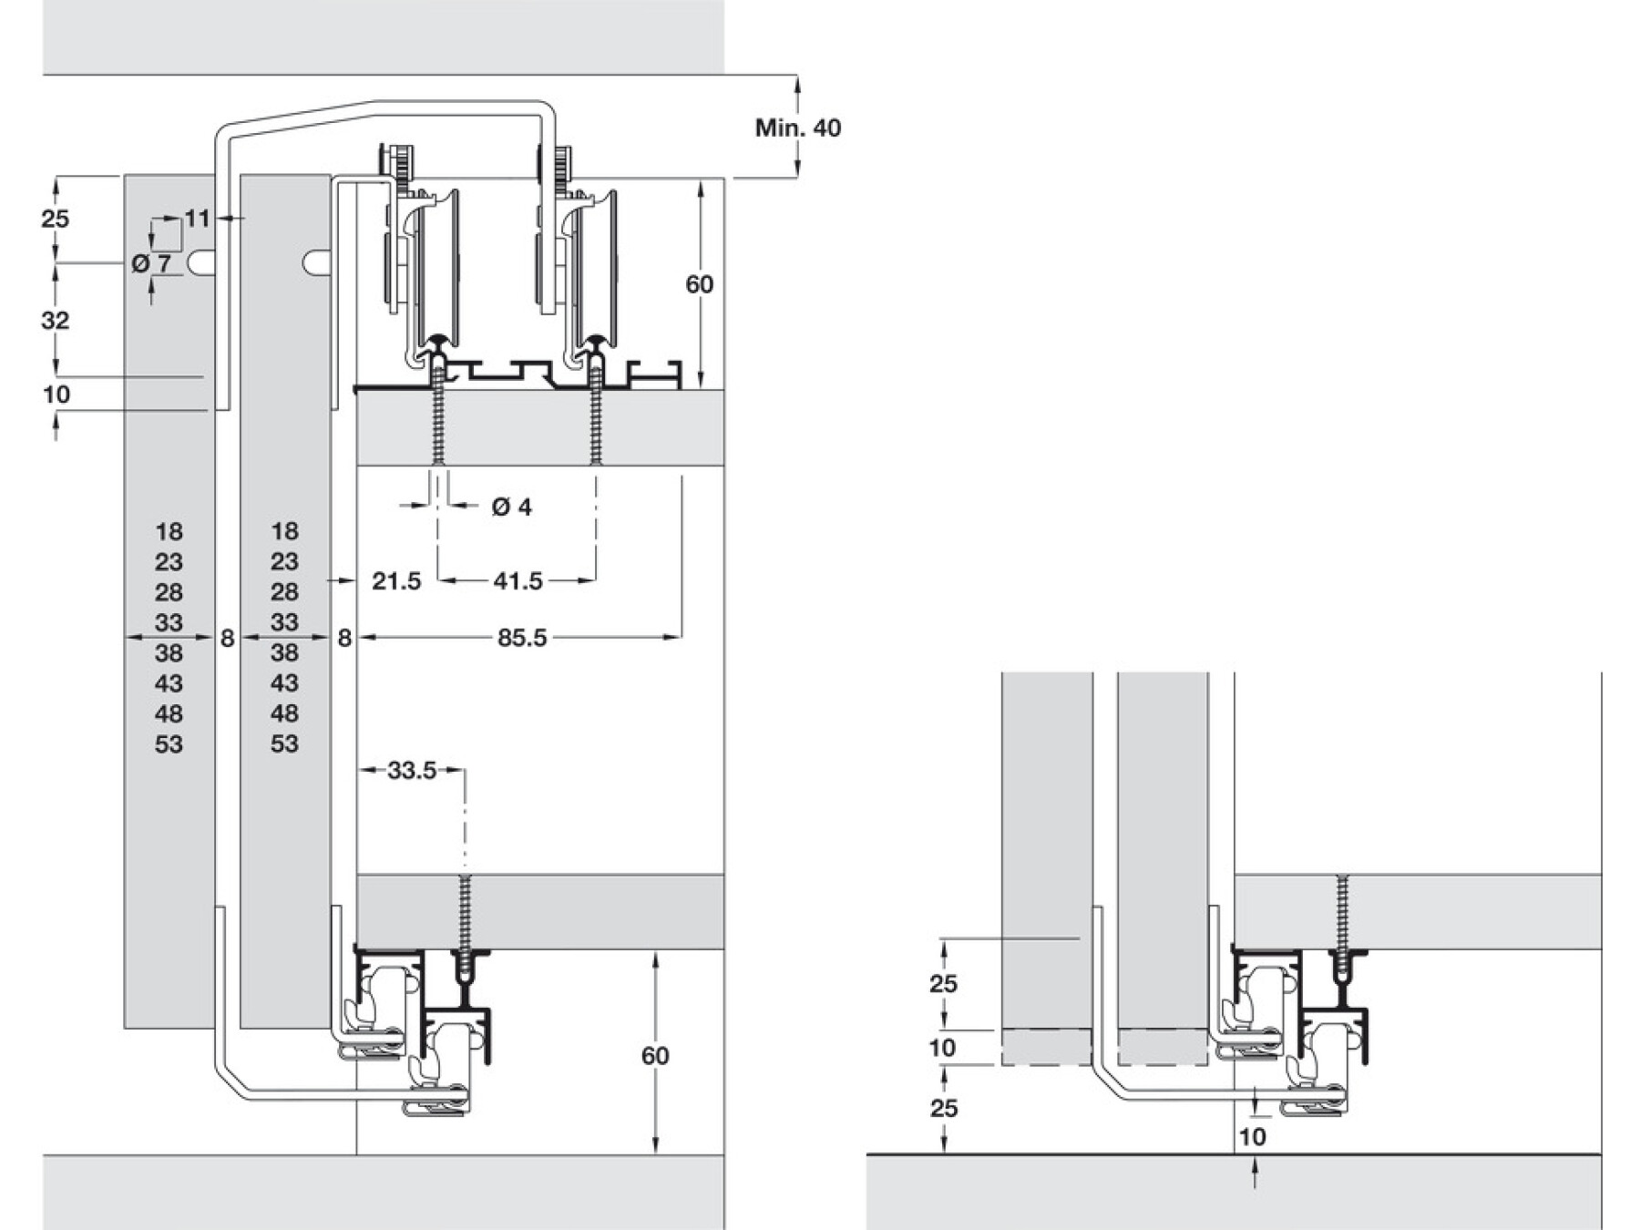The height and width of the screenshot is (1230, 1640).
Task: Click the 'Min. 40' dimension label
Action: pyautogui.click(x=797, y=128)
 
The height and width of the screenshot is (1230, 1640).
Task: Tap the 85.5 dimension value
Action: pyautogui.click(x=522, y=638)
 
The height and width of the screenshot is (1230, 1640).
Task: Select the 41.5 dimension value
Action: pyautogui.click(x=518, y=580)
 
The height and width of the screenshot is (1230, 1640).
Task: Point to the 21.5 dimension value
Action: pyautogui.click(x=396, y=580)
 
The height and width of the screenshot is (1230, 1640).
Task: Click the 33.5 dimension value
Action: pyautogui.click(x=412, y=771)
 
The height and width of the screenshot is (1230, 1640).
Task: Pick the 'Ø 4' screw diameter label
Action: pyautogui.click(x=511, y=507)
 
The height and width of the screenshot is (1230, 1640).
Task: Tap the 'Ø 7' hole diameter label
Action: pyautogui.click(x=151, y=264)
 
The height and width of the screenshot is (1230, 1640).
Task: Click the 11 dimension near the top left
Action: pyautogui.click(x=197, y=219)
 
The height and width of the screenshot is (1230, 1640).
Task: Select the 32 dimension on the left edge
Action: pyautogui.click(x=56, y=320)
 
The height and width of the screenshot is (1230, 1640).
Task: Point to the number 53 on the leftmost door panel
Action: pyautogui.click(x=169, y=744)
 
